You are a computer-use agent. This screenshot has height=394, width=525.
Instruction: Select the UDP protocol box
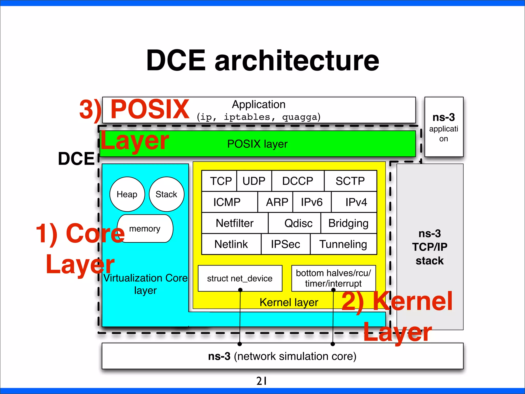tap(254, 181)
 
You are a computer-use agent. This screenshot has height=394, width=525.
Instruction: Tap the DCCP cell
tap(298, 181)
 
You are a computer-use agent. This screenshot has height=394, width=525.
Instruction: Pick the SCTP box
tap(350, 181)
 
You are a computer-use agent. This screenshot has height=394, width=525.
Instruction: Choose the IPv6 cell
tap(312, 202)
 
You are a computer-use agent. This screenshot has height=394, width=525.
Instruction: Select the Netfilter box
tap(235, 223)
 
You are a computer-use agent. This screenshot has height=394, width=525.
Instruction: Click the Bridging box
tap(349, 223)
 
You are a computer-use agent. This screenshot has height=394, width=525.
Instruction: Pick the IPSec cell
tap(286, 244)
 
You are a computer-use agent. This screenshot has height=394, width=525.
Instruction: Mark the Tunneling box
tap(344, 244)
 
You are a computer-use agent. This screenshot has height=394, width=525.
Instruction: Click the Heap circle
tap(127, 194)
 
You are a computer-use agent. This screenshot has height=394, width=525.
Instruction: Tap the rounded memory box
tap(145, 229)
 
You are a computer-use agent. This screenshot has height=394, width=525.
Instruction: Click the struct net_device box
tap(240, 278)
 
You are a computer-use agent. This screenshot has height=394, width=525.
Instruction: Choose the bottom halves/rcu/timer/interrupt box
tap(334, 278)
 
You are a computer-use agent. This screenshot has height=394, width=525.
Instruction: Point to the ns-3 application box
tap(444, 127)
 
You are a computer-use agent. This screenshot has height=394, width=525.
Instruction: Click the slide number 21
tap(262, 381)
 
